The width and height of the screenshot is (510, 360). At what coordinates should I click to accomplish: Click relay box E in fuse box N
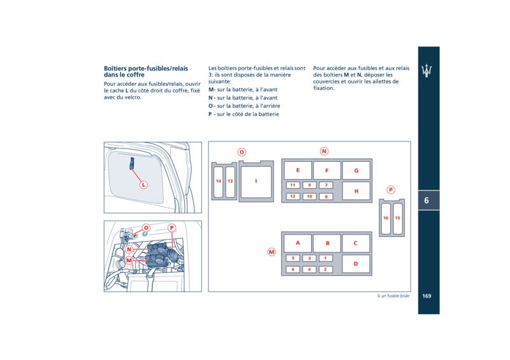click(298, 170)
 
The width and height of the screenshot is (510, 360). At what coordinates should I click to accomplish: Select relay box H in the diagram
click(356, 191)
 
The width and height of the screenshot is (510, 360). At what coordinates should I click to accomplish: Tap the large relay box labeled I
click(256, 182)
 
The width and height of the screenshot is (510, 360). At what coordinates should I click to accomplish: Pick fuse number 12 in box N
click(293, 196)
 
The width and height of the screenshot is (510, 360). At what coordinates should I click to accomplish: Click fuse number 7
click(326, 185)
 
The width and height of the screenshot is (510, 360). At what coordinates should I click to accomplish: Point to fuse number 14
click(219, 182)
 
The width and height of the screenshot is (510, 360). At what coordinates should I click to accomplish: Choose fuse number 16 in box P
click(386, 218)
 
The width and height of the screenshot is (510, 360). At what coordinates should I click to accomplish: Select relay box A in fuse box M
click(298, 243)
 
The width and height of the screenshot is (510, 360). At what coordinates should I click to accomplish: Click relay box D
click(356, 264)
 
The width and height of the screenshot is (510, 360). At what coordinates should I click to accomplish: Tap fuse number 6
click(293, 270)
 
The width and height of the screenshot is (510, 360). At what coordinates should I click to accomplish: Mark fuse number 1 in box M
click(326, 258)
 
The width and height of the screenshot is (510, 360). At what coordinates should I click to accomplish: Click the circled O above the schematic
click(242, 152)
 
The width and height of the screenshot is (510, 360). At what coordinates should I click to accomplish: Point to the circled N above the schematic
click(324, 151)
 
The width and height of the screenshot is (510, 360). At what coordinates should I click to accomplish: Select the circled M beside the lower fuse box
click(272, 252)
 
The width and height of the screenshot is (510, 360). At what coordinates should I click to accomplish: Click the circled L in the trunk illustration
click(143, 185)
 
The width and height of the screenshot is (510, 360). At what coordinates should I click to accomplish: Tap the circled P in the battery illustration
click(171, 228)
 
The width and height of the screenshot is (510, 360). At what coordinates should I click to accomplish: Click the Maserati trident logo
click(426, 70)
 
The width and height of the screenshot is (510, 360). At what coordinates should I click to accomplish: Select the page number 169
click(426, 296)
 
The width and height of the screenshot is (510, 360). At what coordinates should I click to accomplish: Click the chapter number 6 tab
click(426, 200)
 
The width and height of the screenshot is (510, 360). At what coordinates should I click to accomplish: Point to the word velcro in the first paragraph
click(133, 97)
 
